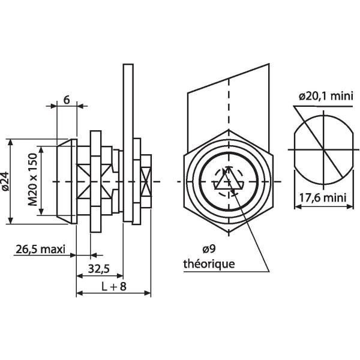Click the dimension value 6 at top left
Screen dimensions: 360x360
pos(66,101)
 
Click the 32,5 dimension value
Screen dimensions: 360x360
pos(100,268)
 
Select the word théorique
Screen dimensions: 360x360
pos(209,263)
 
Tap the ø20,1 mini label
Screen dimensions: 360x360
pos(325,95)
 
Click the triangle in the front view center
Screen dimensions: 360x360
pos(227,180)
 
